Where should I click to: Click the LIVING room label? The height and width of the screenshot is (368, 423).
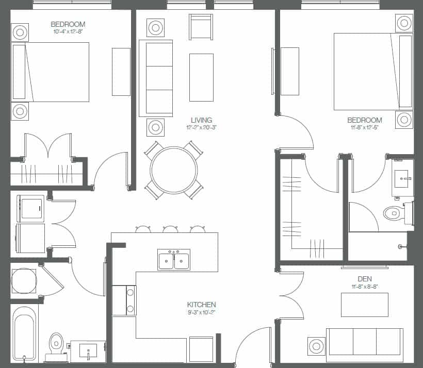point(201,120)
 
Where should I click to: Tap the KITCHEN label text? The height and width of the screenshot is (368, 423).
point(201,305)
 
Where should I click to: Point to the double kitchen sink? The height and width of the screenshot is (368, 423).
point(174,260)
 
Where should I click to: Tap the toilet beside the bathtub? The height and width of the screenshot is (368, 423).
point(56,345)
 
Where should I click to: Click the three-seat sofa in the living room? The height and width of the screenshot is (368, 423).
point(156,78)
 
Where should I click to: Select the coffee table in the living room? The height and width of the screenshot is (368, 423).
point(201,77)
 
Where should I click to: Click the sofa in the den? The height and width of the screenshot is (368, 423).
point(364,341)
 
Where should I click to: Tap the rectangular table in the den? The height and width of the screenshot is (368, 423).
point(364,305)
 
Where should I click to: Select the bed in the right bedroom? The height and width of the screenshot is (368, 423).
point(372,72)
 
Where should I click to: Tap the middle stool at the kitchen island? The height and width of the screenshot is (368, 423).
point(170,229)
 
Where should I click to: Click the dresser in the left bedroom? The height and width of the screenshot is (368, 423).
point(121,72)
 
